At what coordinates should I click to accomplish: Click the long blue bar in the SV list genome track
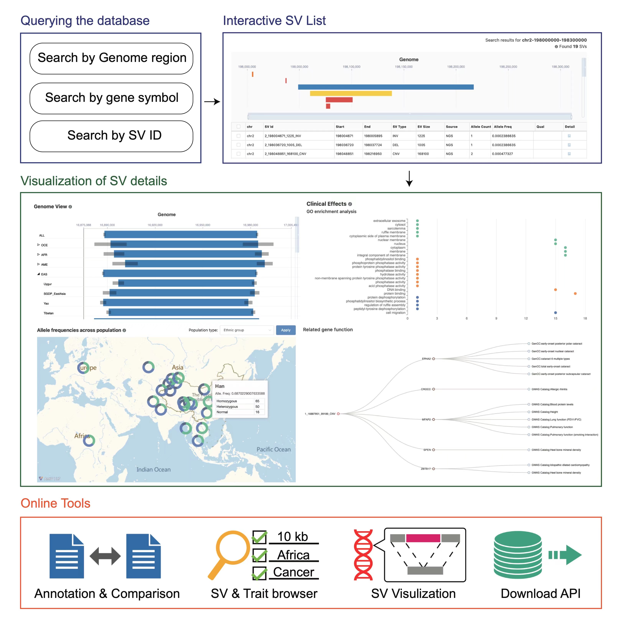[x=386, y=87]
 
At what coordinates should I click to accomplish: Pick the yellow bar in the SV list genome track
[x=351, y=93]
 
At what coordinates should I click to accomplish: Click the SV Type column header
[x=399, y=127]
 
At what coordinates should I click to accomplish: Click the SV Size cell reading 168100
[x=423, y=154]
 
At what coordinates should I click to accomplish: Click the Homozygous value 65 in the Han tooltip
[x=257, y=401]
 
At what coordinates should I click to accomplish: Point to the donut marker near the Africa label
[x=89, y=440]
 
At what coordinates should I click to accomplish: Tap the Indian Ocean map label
[x=153, y=469]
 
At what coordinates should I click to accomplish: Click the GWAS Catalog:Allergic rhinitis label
[x=549, y=389]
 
